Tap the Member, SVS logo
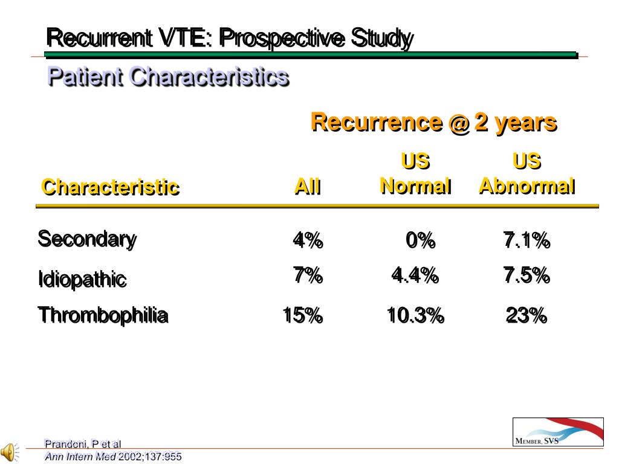558,431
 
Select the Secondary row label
87,239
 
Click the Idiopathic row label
82,279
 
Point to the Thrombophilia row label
103,315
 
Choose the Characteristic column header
111,187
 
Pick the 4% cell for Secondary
308,240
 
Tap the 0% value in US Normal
421,240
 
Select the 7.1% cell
527,240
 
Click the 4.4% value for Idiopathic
415,275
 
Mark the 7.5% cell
527,275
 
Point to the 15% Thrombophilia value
303,315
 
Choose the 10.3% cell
416,315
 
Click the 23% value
527,315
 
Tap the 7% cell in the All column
308,275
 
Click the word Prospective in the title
282,39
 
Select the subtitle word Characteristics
209,76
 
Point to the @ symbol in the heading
459,123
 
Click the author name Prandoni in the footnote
65,444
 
